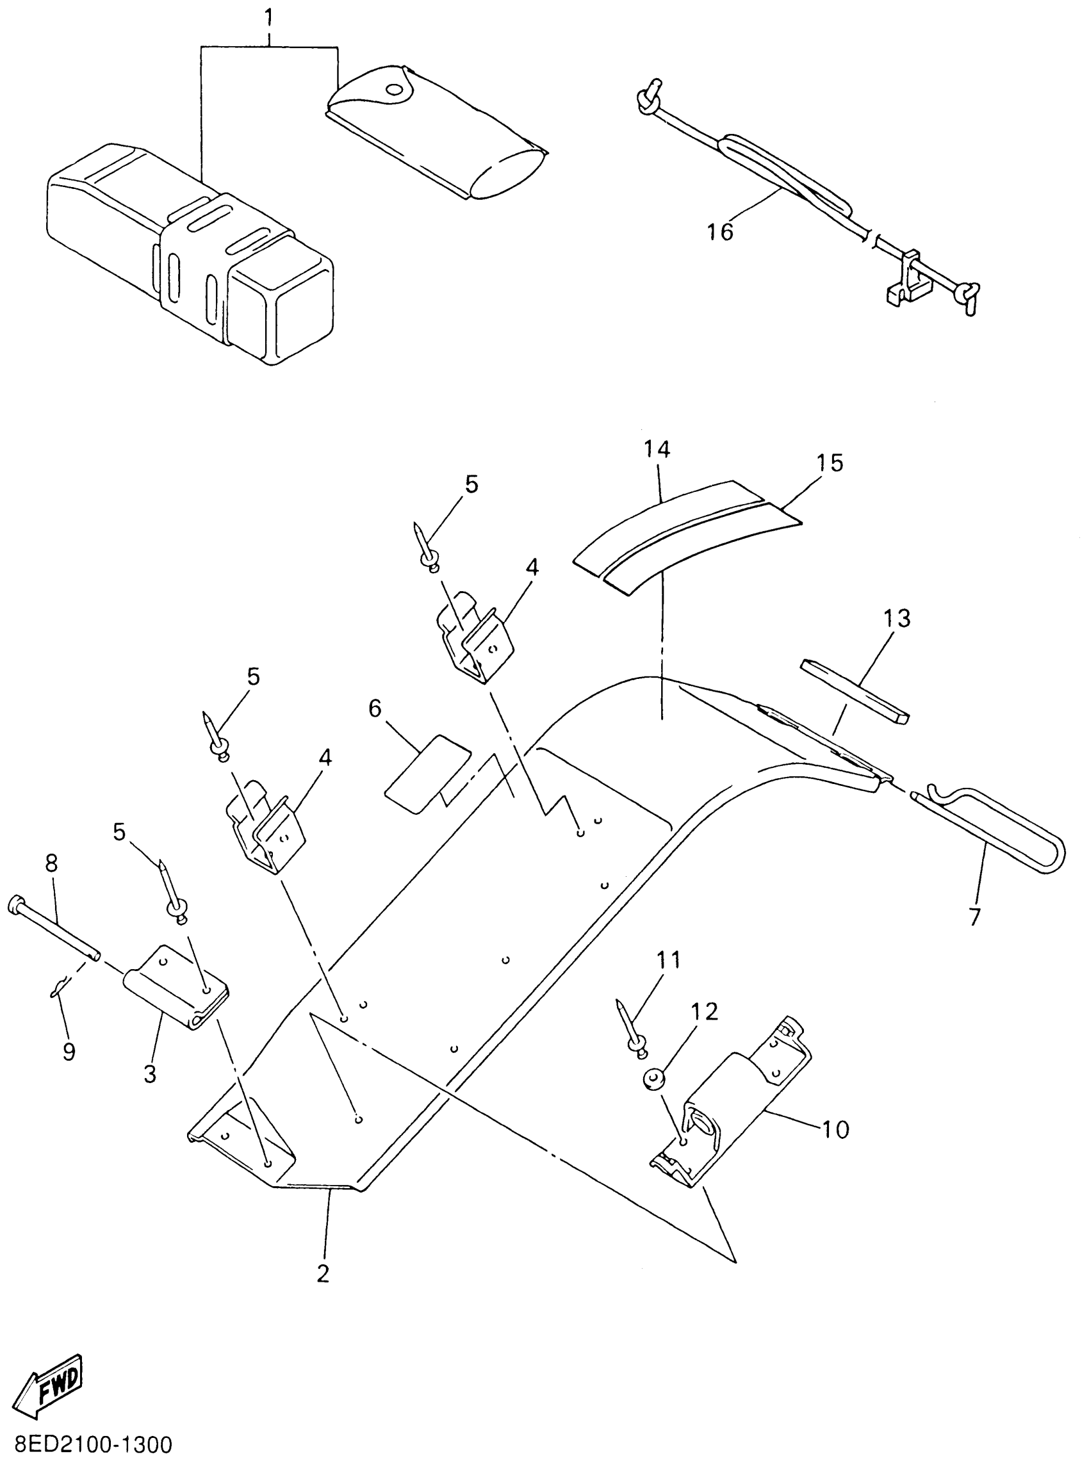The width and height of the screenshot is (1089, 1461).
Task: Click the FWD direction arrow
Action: pyautogui.click(x=50, y=1387)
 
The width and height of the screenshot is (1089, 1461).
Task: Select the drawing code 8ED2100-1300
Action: pyautogui.click(x=86, y=1445)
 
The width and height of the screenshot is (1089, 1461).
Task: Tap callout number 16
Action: pyautogui.click(x=720, y=232)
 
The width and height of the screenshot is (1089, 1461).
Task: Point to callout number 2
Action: pyautogui.click(x=322, y=1274)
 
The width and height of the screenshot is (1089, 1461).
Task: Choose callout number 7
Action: pyautogui.click(x=974, y=917)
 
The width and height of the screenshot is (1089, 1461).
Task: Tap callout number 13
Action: pyautogui.click(x=897, y=618)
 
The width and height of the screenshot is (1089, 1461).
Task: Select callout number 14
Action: pyautogui.click(x=657, y=449)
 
